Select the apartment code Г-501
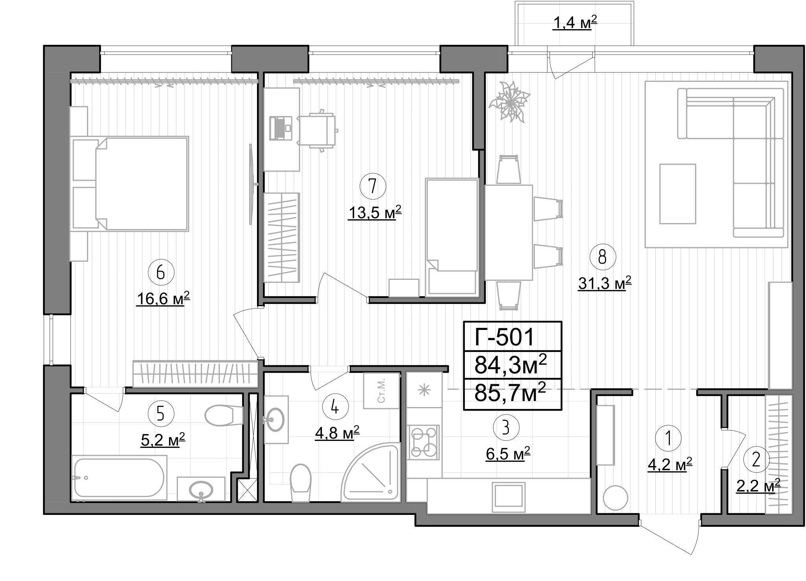click(504, 337)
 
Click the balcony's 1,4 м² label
click(575, 24)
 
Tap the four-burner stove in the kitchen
click(423, 442)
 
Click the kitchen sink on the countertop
click(509, 497)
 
